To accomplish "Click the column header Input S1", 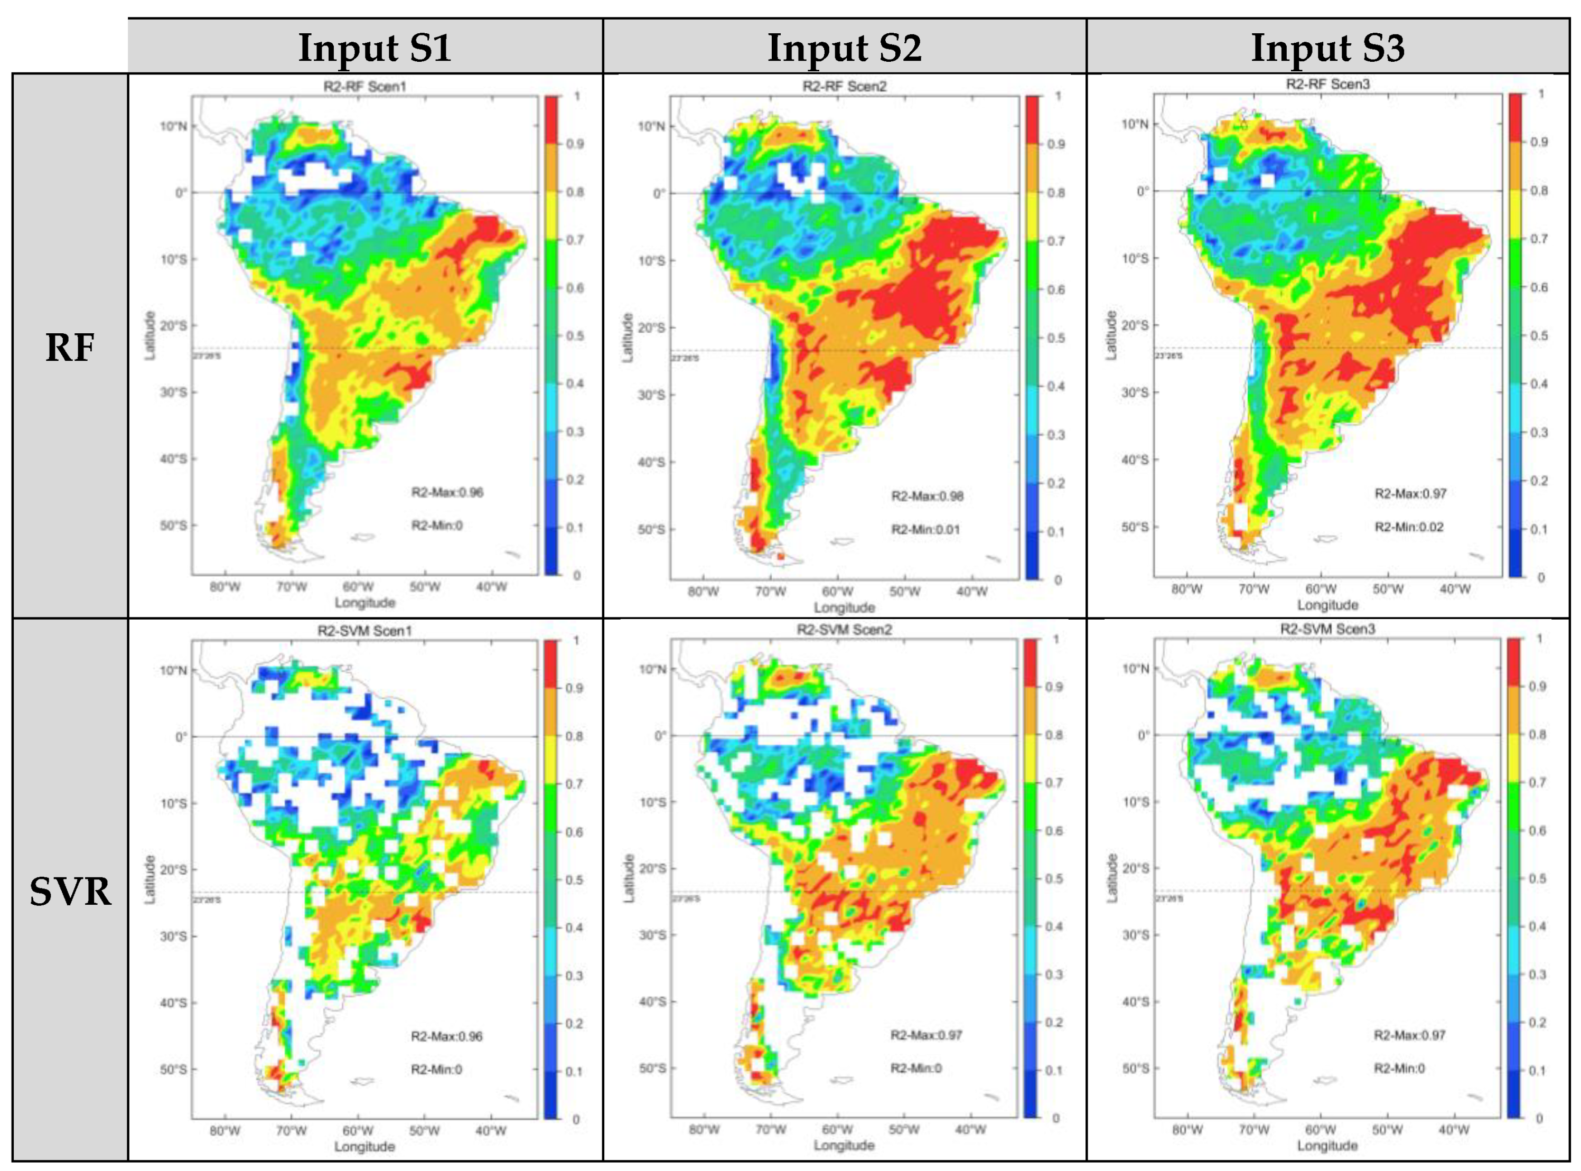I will (x=375, y=48).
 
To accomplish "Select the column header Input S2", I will (x=845, y=48).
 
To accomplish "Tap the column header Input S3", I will (x=1327, y=48).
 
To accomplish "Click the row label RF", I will (x=70, y=348).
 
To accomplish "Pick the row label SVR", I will (x=70, y=892).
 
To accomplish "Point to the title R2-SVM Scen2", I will (x=844, y=630).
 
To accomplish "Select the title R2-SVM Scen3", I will (x=1327, y=629).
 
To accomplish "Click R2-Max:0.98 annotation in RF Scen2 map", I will (x=927, y=496).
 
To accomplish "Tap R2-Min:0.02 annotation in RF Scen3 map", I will (x=1409, y=527).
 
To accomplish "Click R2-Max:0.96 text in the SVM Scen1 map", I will (x=447, y=1036).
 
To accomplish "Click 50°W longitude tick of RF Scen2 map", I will (x=904, y=591).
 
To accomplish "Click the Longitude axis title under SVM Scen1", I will (x=364, y=1146).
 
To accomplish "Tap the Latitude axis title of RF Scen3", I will (x=1111, y=334).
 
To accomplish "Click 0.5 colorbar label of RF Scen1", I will (x=575, y=336).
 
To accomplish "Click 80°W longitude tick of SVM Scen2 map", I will (x=703, y=1130).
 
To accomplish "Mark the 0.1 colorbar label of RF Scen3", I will (x=1538, y=529).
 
